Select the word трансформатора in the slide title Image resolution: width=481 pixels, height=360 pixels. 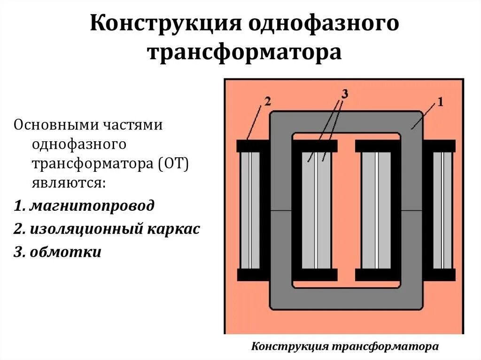coord(245,52)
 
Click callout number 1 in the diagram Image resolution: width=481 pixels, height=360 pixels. coord(440,102)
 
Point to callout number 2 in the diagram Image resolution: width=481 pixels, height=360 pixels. coord(267,101)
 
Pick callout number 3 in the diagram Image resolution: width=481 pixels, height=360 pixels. coord(344,94)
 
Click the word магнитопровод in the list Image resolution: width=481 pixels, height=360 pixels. coord(92,206)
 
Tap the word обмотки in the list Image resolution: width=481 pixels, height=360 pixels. coord(65,252)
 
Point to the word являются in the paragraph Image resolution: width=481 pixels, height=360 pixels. coord(69,182)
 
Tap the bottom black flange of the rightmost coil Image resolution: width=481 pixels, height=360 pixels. coord(441,275)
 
